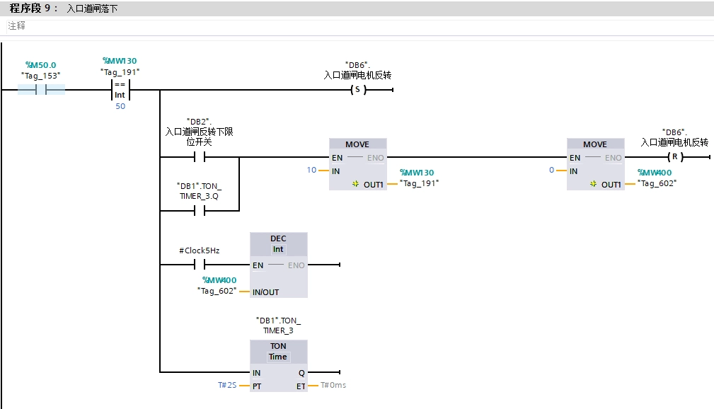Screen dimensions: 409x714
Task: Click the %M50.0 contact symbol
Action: click(x=41, y=90)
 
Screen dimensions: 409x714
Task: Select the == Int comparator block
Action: click(x=120, y=90)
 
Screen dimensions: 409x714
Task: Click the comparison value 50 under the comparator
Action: click(x=120, y=106)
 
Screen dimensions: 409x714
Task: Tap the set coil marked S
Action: click(x=357, y=90)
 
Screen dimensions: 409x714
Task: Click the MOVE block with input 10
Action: click(x=357, y=163)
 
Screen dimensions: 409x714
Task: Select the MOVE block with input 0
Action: click(x=594, y=163)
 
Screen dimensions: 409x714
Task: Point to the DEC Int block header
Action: click(x=278, y=244)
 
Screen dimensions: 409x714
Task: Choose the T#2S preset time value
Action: click(x=226, y=386)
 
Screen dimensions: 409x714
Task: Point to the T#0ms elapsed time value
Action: click(x=333, y=386)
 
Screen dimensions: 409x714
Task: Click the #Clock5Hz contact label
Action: click(x=199, y=250)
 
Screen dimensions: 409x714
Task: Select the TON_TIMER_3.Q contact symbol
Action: click(x=199, y=211)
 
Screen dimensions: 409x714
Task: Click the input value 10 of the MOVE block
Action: click(x=312, y=171)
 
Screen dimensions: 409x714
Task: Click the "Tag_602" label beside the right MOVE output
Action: click(x=657, y=183)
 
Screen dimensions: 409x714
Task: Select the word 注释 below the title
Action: click(x=16, y=25)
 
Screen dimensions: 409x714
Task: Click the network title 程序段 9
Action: click(x=34, y=8)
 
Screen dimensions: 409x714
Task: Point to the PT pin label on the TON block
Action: click(x=257, y=386)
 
